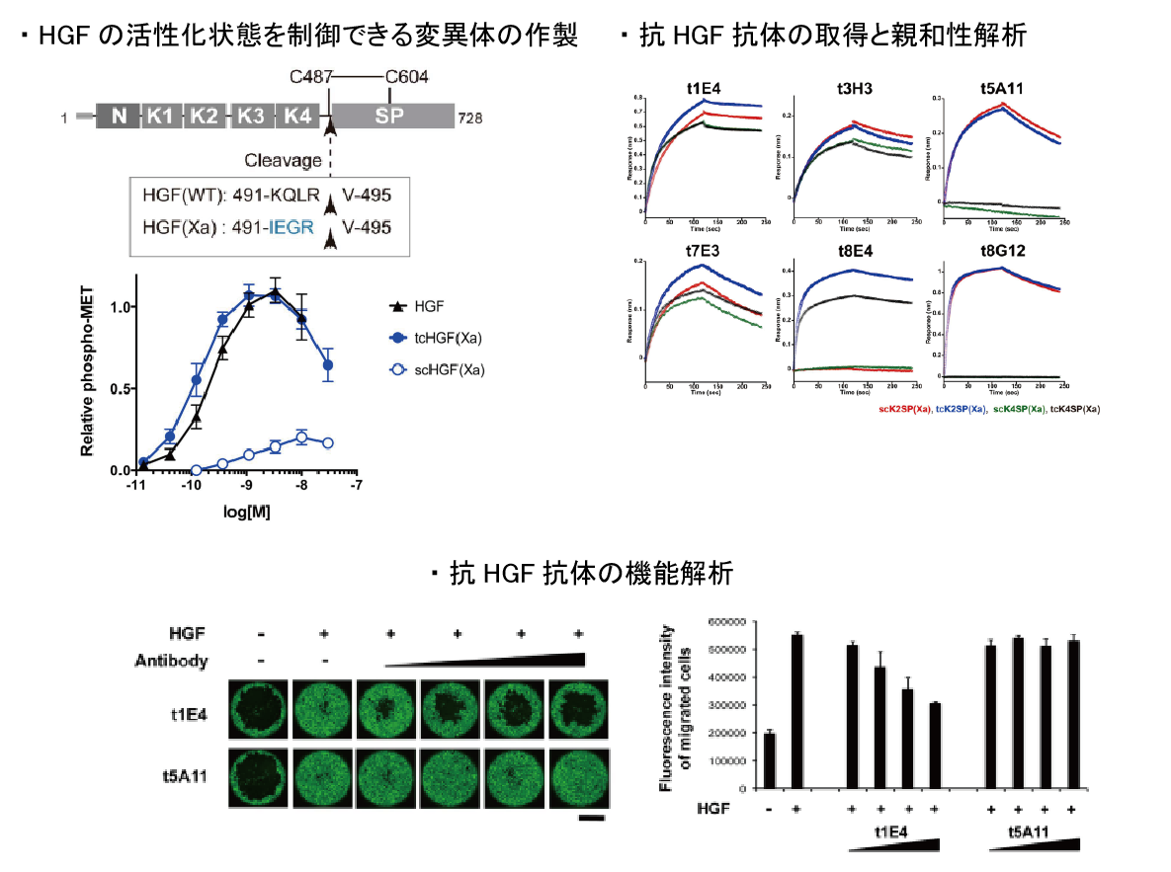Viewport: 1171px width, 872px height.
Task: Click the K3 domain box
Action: [252, 117]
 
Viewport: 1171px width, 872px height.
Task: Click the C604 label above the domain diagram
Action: [406, 77]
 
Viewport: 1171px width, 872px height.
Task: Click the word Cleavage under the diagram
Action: [284, 160]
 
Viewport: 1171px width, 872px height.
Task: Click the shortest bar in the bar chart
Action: [770, 761]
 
